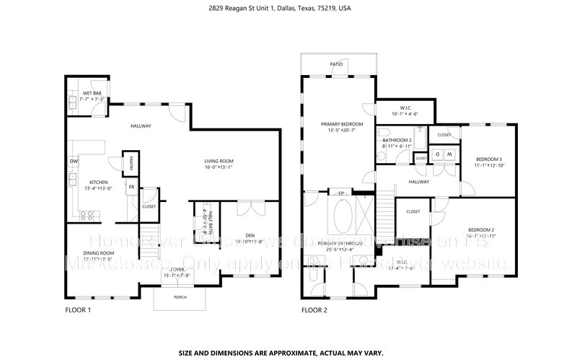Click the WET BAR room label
[x=92, y=93]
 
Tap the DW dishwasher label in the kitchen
[x=74, y=160]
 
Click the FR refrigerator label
[x=131, y=187]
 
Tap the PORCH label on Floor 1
[x=180, y=297]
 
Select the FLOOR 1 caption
[x=78, y=310]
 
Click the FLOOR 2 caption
[x=314, y=310]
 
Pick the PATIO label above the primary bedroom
[x=337, y=64]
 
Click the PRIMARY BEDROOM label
[x=342, y=124]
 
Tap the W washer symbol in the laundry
[x=449, y=154]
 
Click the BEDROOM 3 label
[x=489, y=159]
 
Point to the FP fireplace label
[x=341, y=193]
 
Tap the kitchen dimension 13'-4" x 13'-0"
[x=97, y=188]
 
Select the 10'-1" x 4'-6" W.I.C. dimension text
[x=404, y=113]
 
